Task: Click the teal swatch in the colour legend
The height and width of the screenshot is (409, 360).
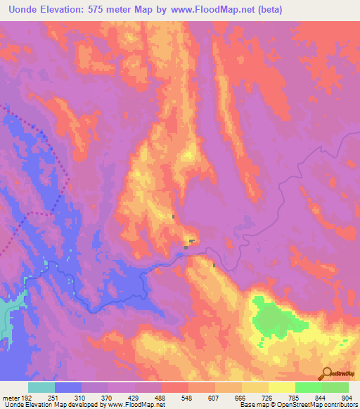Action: coord(41,388)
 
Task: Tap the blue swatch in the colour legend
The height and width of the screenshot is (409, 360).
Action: coord(68,388)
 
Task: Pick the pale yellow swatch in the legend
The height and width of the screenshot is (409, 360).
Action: coord(282,388)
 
